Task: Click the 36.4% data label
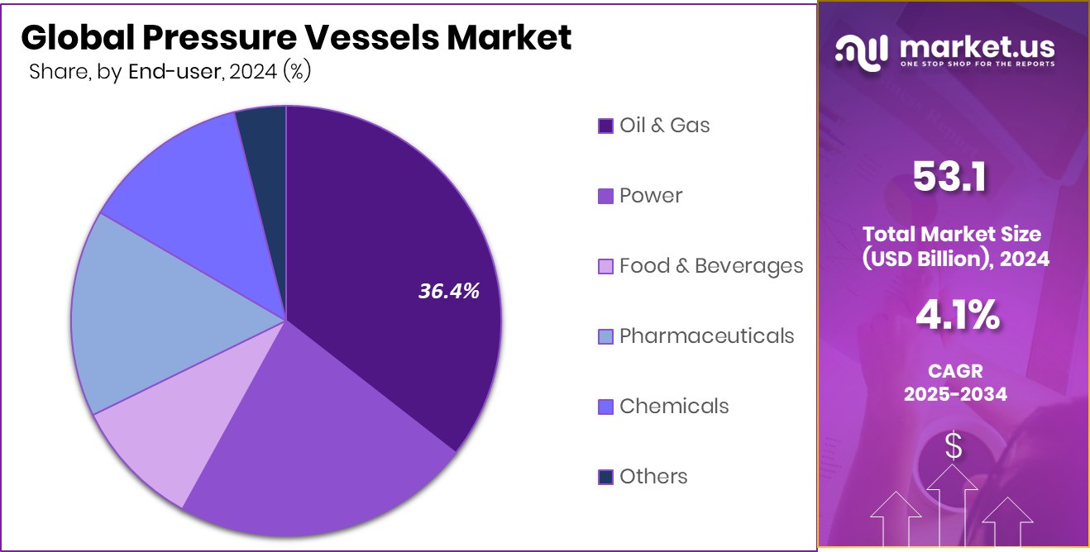pos(448,291)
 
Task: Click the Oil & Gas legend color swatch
pos(605,126)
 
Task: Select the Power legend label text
pos(651,196)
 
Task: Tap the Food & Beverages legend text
pos(710,266)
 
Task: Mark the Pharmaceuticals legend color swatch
pos(605,336)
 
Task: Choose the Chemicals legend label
pos(674,407)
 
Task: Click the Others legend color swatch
pos(605,477)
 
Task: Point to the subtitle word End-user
pos(174,73)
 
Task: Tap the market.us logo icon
pos(862,51)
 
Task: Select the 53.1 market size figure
pos(950,178)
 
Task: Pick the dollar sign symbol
pos(954,447)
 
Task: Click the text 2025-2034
pos(955,394)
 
